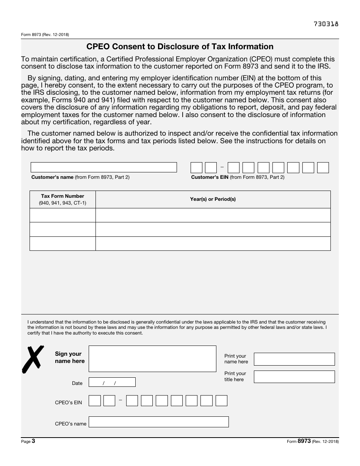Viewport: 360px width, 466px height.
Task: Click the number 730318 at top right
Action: click(x=326, y=24)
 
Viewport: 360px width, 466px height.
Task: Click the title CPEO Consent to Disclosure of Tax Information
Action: click(x=180, y=47)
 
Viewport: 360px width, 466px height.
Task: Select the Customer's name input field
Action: click(x=103, y=167)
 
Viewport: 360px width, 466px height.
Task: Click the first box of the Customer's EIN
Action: click(x=196, y=167)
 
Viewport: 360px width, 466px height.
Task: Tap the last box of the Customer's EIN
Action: click(x=323, y=167)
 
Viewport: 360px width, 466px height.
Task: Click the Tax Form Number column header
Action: click(x=63, y=199)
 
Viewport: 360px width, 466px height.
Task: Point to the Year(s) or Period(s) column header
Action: click(x=213, y=199)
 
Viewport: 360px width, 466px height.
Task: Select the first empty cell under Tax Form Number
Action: click(x=63, y=215)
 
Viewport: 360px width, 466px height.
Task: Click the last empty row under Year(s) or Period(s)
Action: click(x=213, y=244)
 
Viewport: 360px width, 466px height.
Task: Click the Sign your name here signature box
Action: click(x=152, y=359)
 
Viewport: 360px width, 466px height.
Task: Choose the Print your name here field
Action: click(x=294, y=359)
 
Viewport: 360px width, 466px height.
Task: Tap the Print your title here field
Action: click(x=294, y=377)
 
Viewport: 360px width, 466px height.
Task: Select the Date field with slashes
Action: click(x=112, y=382)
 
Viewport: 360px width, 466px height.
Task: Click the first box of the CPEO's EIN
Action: click(x=95, y=401)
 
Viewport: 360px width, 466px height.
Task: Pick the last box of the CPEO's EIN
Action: click(x=221, y=401)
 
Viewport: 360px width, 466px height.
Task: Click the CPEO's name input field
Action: click(x=158, y=422)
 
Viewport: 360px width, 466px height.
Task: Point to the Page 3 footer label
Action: click(x=28, y=441)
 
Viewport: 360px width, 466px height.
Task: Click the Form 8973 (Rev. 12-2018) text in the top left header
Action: click(x=45, y=35)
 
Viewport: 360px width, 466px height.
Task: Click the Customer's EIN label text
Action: click(x=238, y=177)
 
